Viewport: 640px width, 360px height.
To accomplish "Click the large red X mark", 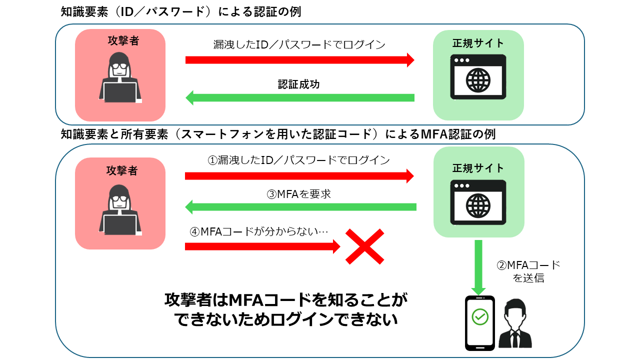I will click(365, 246).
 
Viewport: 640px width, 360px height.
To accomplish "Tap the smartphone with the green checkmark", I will click(479, 322).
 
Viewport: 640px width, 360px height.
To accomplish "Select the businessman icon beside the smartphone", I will click(515, 324).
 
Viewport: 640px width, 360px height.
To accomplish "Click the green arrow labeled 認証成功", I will click(300, 97).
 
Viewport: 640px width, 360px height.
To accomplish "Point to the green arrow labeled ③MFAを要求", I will click(300, 206).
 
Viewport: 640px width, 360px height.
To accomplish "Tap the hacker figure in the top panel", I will click(120, 82).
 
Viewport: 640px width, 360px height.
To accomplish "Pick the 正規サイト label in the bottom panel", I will click(478, 168).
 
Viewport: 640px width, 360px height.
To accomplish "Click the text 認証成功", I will click(298, 84).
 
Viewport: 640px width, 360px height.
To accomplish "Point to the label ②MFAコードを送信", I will click(528, 271).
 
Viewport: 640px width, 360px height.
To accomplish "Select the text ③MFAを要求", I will click(298, 194).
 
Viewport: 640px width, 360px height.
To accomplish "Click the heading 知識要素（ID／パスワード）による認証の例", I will click(180, 11).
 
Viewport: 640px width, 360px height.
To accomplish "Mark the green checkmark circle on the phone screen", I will click(480, 316).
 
